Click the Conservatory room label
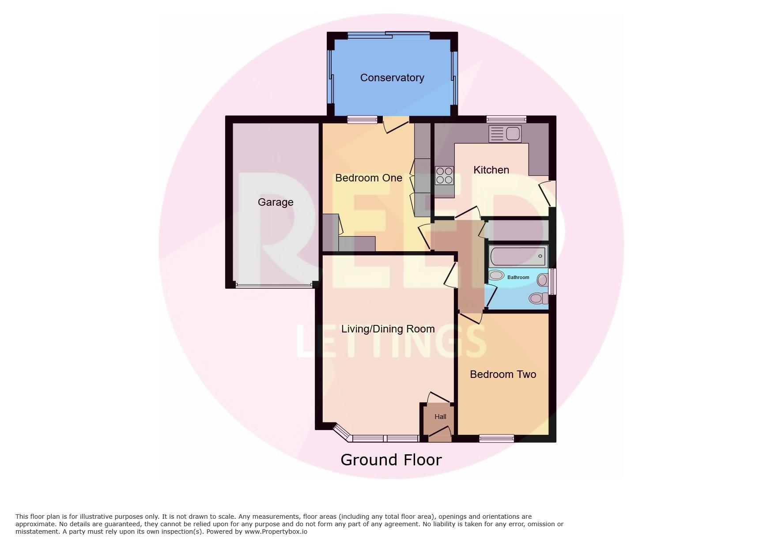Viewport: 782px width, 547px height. point(392,78)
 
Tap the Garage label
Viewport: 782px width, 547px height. point(276,202)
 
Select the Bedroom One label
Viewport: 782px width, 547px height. point(369,178)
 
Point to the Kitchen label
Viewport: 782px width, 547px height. point(491,170)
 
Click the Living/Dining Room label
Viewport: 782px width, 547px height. point(388,329)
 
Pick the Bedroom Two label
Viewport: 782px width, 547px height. point(503,374)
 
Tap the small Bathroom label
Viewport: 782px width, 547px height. point(518,277)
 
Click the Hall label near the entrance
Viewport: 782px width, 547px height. point(440,416)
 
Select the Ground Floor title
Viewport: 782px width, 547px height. point(391,460)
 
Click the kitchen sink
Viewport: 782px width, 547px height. point(505,134)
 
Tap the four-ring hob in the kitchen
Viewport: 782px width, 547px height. point(445,175)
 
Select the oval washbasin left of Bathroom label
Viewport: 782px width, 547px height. point(497,275)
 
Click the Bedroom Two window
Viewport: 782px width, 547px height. point(497,438)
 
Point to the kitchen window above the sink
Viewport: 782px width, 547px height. point(506,119)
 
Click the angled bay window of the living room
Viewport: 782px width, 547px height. point(342,433)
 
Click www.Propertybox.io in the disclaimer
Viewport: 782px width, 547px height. point(276,532)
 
